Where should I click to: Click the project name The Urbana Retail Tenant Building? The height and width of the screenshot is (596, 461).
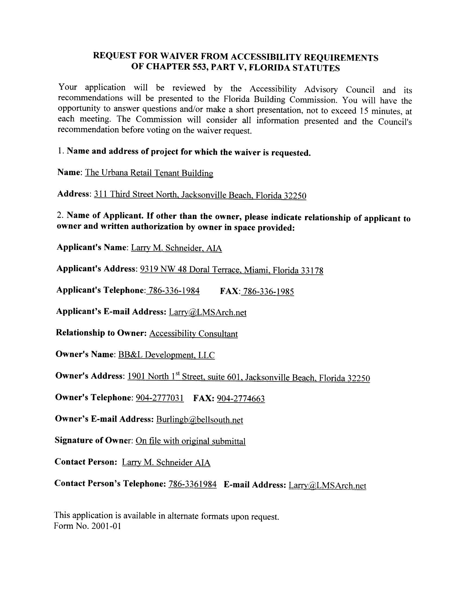[149, 173]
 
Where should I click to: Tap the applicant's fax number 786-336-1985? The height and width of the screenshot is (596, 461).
[268, 291]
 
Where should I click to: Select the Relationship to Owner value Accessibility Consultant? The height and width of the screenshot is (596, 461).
[193, 333]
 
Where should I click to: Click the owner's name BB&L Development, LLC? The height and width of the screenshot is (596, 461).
[166, 355]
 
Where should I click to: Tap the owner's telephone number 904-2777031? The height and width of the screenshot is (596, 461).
[159, 398]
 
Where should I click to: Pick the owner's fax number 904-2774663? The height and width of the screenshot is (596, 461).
[241, 399]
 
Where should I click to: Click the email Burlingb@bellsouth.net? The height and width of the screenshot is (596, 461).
[199, 420]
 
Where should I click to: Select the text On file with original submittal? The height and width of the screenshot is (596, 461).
[190, 441]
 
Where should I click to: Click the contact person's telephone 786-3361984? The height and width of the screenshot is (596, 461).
[193, 484]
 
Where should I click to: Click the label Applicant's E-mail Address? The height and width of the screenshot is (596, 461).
[111, 311]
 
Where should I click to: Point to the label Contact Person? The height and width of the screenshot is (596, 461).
[85, 462]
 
